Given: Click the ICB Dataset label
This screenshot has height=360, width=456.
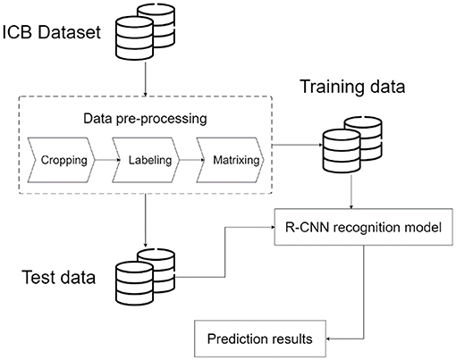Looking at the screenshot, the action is click(x=52, y=32).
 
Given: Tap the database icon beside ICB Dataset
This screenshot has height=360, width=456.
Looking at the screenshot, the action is click(x=145, y=31).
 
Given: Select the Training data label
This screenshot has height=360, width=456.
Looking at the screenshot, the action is click(x=352, y=87).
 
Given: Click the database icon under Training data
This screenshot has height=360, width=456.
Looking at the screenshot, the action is click(x=352, y=145).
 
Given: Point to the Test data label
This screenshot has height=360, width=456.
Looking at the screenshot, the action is click(x=59, y=277).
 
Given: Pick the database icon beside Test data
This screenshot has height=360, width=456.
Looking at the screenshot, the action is click(x=145, y=276).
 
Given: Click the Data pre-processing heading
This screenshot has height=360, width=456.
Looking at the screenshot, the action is click(x=145, y=119).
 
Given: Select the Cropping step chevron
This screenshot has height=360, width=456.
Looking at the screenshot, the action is click(x=62, y=160).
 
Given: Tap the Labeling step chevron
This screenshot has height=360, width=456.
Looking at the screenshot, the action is click(x=146, y=160).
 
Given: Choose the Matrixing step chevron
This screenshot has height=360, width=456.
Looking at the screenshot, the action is click(x=230, y=160).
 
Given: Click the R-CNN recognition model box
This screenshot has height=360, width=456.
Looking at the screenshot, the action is click(x=363, y=227).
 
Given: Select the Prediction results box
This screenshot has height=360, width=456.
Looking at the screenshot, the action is click(x=260, y=339).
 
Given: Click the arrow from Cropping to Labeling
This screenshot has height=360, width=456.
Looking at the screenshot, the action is click(x=107, y=160).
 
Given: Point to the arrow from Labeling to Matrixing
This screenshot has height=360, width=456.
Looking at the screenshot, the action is click(x=192, y=160).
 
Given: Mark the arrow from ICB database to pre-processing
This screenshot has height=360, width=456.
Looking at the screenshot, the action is click(x=145, y=78).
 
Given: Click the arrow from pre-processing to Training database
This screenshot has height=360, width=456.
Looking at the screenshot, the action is click(x=298, y=145).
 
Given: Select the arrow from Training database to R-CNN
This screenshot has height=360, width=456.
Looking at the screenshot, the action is click(x=351, y=191).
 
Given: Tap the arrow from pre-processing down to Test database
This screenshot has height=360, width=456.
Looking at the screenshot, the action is click(x=145, y=221).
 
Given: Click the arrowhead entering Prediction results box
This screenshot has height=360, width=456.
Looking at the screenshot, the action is click(x=328, y=339).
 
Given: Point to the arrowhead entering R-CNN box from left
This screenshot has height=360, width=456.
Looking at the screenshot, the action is click(x=273, y=227).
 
